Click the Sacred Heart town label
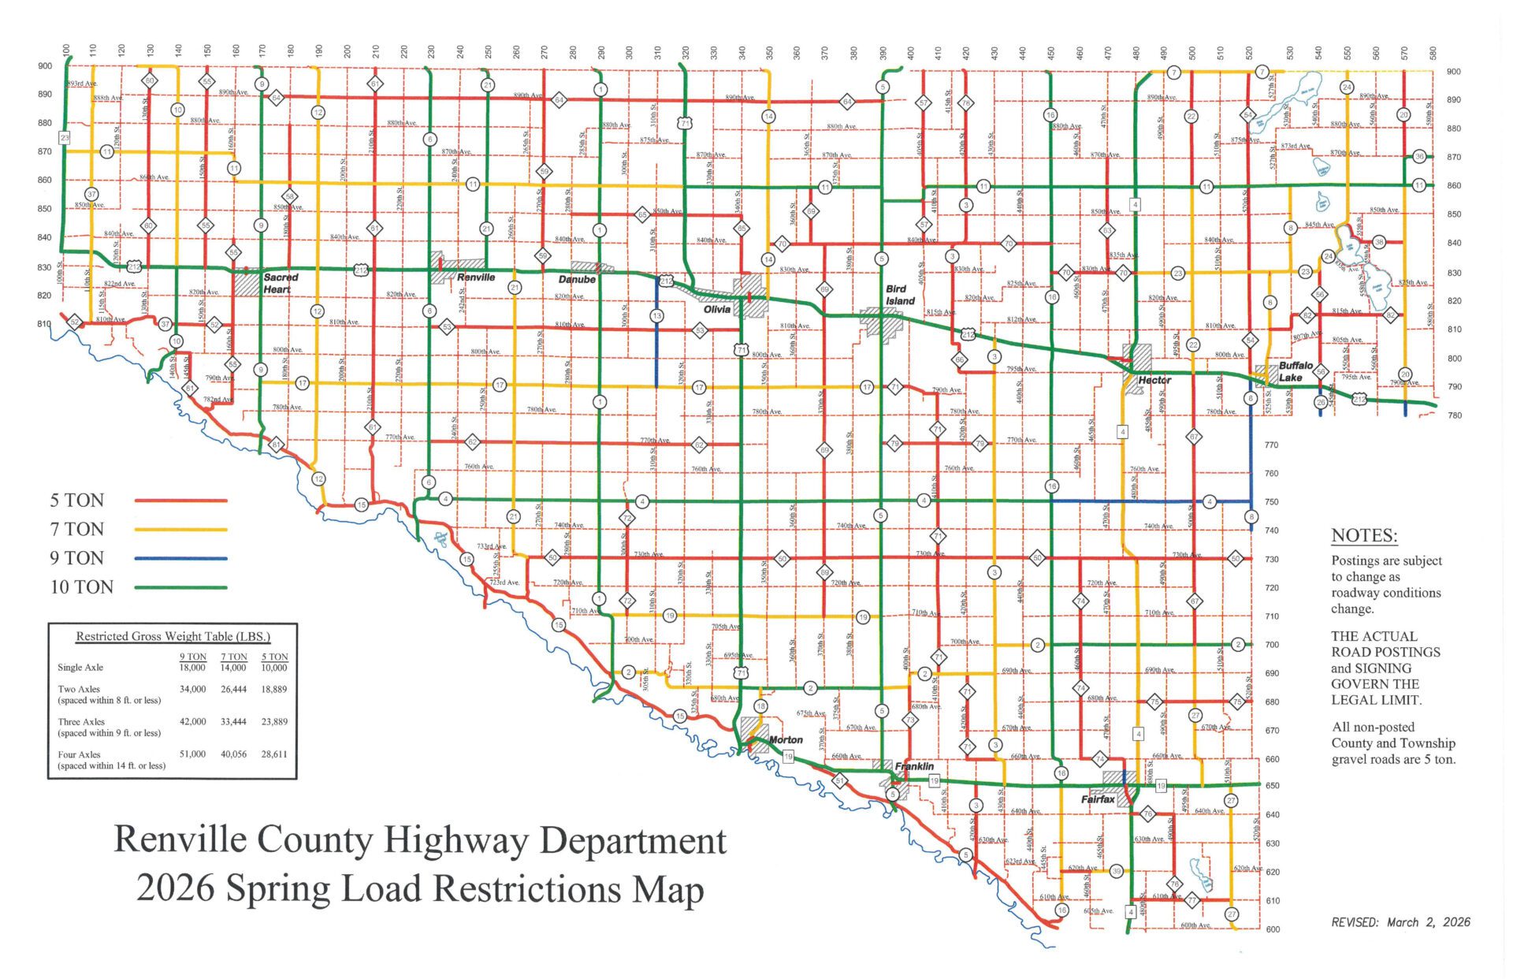point(280,283)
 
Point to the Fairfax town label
point(1098,799)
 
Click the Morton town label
point(786,739)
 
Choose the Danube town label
point(577,279)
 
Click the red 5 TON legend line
point(180,501)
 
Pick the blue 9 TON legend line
point(180,558)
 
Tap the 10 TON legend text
point(82,587)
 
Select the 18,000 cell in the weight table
point(193,668)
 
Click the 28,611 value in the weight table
point(274,754)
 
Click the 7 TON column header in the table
point(233,657)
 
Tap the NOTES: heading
point(1364,536)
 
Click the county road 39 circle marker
point(1117,871)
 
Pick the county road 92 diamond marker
point(75,322)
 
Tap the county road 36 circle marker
point(1419,156)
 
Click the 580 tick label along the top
point(1433,54)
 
